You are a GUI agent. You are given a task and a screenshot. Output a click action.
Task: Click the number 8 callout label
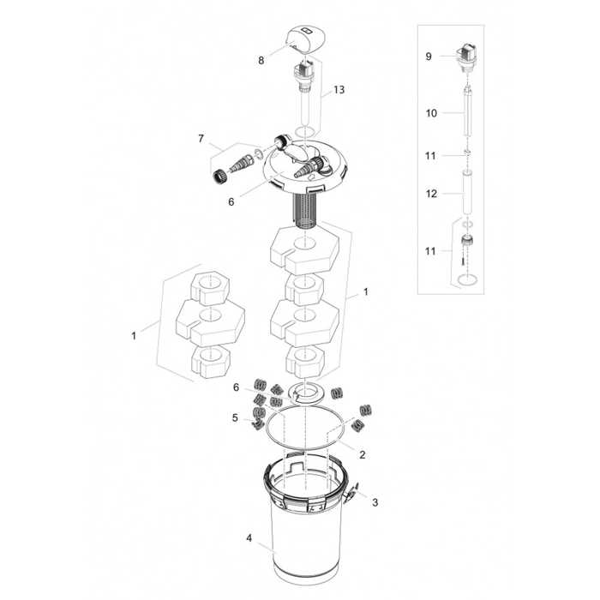click(x=261, y=61)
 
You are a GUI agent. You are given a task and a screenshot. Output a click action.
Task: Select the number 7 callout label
click(x=201, y=138)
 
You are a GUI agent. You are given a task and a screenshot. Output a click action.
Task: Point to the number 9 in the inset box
click(x=429, y=57)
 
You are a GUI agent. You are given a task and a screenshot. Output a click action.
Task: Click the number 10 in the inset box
click(x=431, y=112)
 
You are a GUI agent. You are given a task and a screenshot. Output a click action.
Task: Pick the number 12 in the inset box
click(x=431, y=195)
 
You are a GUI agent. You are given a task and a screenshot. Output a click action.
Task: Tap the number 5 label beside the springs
click(x=234, y=417)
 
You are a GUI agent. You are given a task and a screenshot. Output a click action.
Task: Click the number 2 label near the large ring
click(x=363, y=454)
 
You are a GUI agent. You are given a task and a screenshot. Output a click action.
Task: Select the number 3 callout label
click(x=374, y=502)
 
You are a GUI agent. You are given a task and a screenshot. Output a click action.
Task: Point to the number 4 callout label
click(x=249, y=538)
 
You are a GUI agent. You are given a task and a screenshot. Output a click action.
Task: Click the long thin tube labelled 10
click(x=466, y=113)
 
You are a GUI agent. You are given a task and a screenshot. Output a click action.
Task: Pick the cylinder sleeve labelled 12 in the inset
click(x=466, y=195)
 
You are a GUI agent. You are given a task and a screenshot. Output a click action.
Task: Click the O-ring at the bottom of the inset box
click(x=466, y=281)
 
